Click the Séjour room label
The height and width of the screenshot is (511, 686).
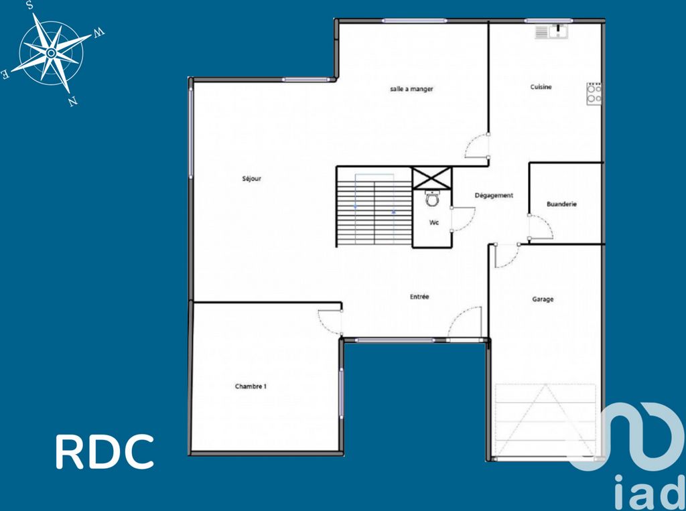(x=252, y=179)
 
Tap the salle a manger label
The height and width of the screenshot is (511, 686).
(x=411, y=89)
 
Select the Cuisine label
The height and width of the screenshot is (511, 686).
(x=541, y=87)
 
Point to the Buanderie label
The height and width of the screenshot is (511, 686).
(x=562, y=204)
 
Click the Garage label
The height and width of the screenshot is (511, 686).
(x=543, y=299)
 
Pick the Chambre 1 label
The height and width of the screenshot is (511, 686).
(x=251, y=386)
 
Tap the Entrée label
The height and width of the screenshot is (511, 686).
(x=419, y=297)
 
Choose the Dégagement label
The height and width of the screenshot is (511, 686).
(x=494, y=196)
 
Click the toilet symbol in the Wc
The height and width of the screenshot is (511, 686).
(x=433, y=198)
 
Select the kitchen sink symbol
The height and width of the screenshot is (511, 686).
(x=551, y=31)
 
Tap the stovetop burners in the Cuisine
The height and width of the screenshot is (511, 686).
(x=594, y=94)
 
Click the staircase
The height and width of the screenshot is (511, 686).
(x=374, y=206)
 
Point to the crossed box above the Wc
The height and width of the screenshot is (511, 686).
(x=432, y=178)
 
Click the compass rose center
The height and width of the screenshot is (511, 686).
(x=51, y=54)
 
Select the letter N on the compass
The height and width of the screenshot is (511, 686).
(x=73, y=102)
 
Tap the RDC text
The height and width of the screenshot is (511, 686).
(x=105, y=451)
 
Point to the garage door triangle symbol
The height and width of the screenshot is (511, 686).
(x=545, y=420)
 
